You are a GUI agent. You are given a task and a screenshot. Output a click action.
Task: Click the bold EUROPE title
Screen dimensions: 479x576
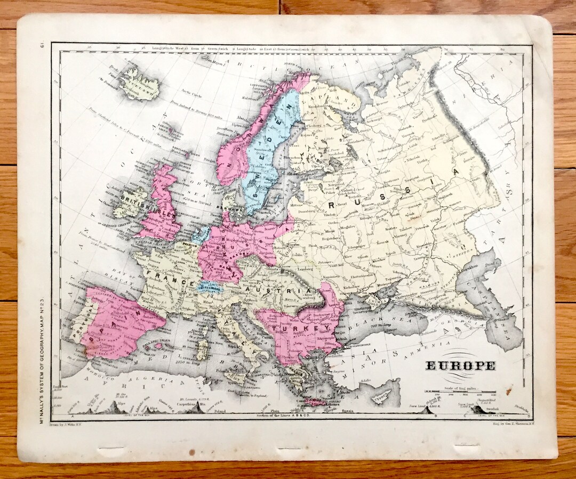(x=460, y=366)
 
